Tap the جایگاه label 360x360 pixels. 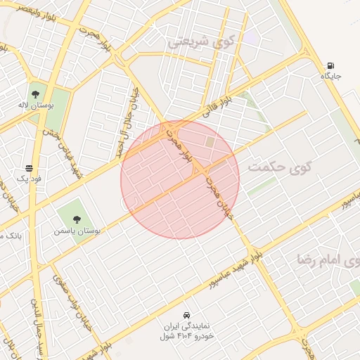332,75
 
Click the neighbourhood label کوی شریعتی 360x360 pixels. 198,41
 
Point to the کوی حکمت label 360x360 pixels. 279,167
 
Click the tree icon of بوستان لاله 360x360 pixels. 35,94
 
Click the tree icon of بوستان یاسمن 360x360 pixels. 77,219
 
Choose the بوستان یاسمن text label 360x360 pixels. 77,230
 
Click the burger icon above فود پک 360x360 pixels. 29,169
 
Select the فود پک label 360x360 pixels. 29,179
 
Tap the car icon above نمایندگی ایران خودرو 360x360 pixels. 186,314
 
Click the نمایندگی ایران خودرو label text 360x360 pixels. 186,330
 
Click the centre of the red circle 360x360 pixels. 180,179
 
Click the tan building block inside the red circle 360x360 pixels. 210,142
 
